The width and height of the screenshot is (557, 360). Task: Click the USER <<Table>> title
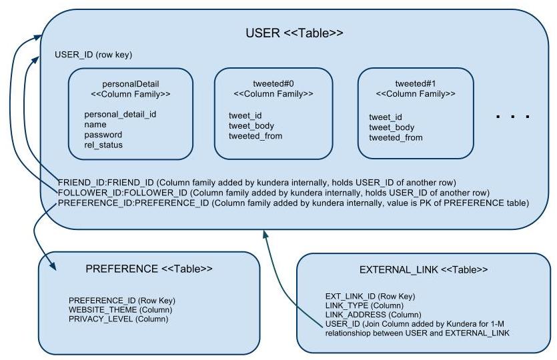294,33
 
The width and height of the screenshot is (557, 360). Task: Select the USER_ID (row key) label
97,55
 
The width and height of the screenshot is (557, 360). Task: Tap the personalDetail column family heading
130,85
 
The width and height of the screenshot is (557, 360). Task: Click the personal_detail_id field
120,114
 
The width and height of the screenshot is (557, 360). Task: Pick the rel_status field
103,145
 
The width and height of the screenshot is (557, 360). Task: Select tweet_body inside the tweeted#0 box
251,126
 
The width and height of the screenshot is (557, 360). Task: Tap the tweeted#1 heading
416,84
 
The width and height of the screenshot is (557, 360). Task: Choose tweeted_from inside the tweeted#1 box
396,137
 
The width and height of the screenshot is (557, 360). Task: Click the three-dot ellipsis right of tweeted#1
513,117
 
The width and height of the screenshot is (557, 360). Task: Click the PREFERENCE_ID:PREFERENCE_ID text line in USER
293,203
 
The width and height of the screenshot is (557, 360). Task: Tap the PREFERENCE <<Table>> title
149,269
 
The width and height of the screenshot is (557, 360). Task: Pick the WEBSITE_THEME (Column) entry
120,310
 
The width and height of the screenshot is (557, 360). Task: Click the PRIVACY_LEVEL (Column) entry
118,319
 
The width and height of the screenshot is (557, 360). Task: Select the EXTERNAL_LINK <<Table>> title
423,270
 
